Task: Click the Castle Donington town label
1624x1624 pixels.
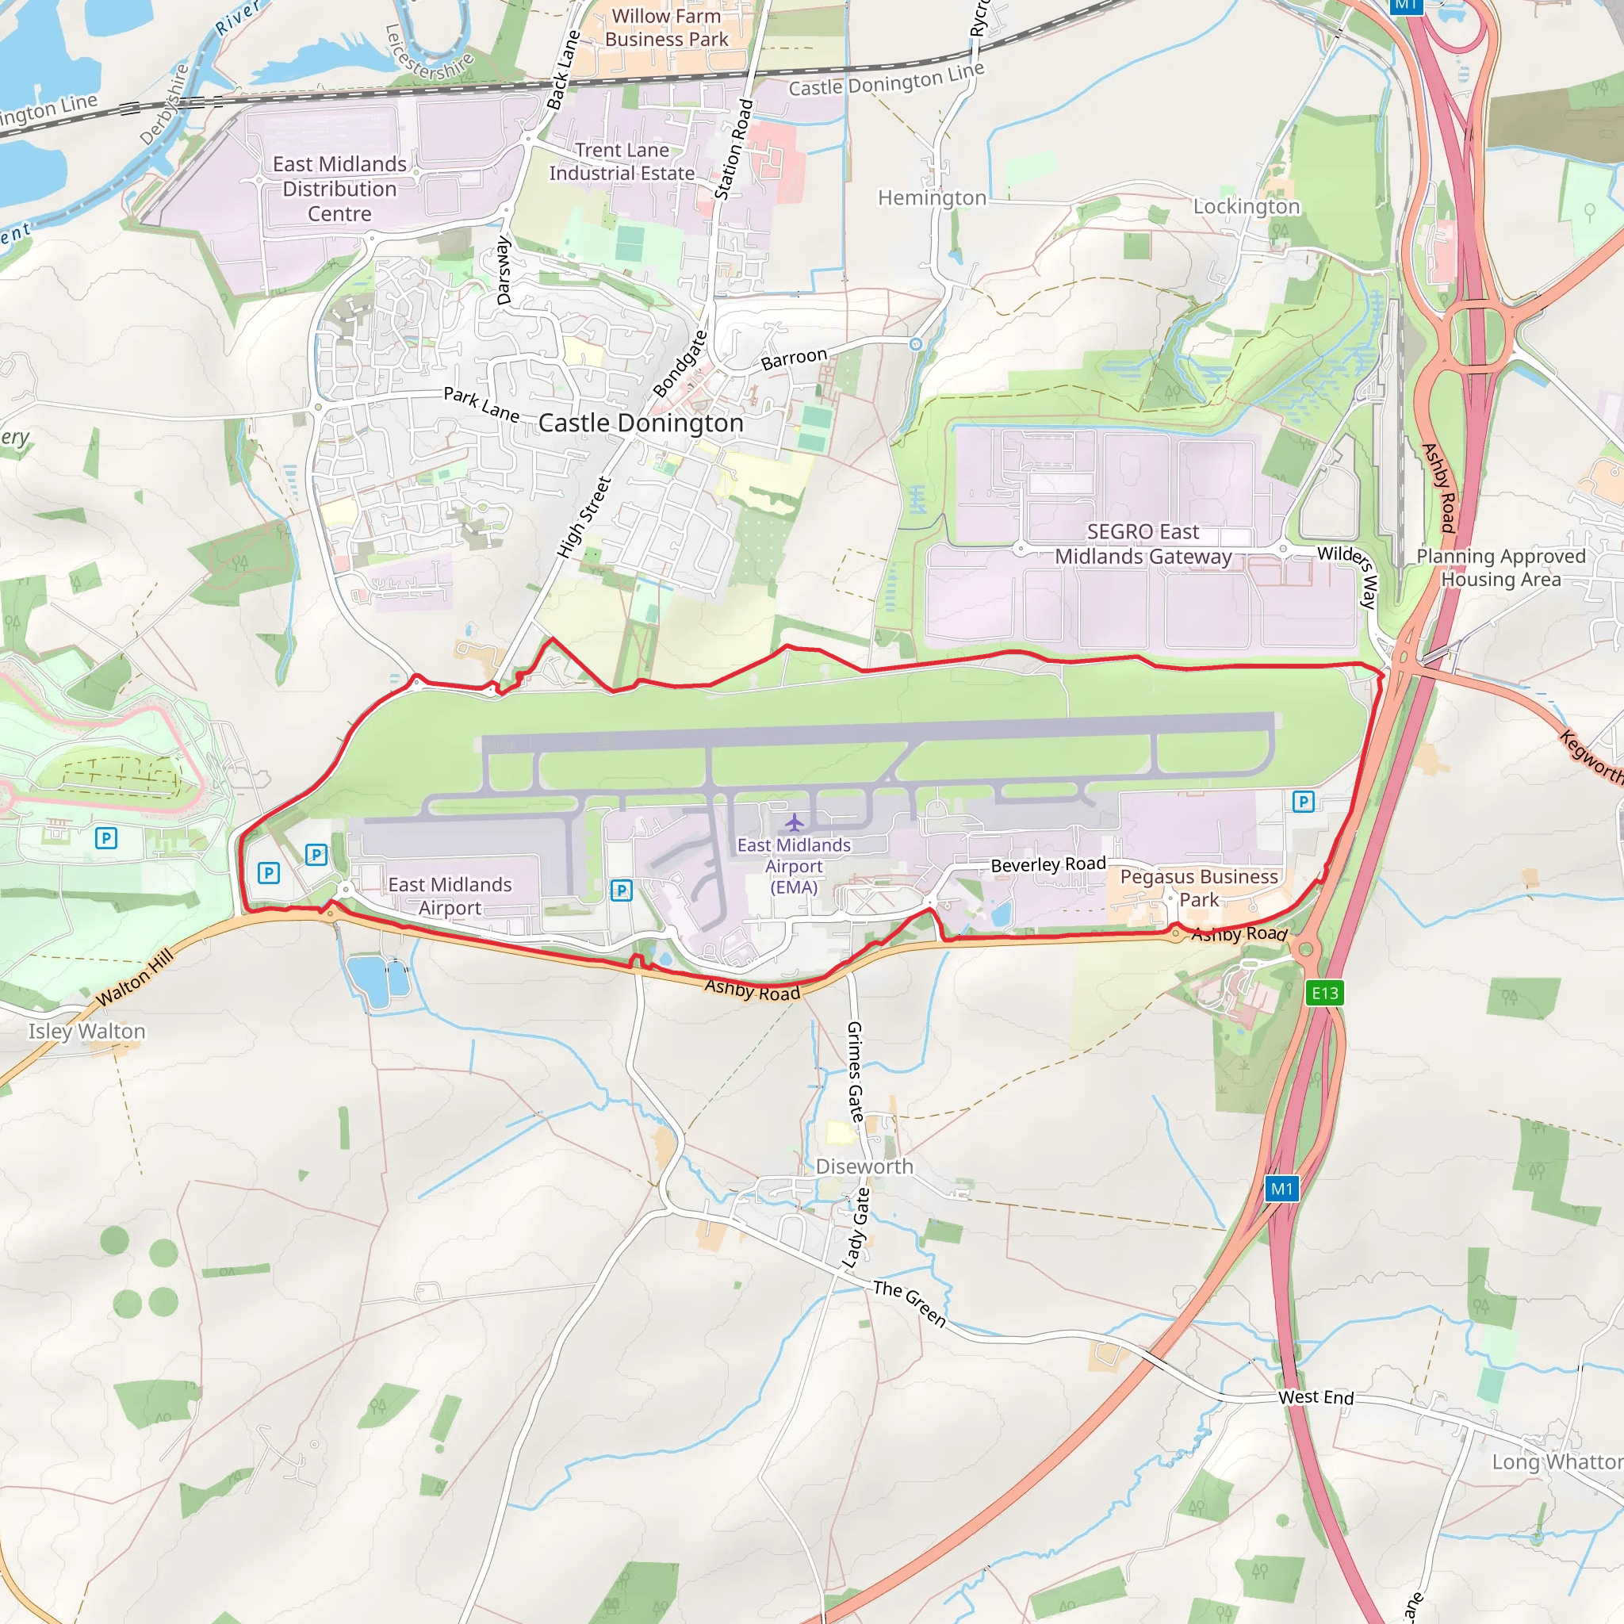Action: [641, 423]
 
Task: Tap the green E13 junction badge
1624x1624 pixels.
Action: [1325, 993]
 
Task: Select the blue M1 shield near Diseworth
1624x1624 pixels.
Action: [1282, 1189]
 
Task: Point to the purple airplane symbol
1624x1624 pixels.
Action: [794, 822]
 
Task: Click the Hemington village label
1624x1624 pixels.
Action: [932, 198]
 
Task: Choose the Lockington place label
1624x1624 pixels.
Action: [1246, 207]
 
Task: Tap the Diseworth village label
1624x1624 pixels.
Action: [864, 1166]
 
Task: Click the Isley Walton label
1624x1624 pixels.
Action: [86, 1032]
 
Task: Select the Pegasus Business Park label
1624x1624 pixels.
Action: [1199, 887]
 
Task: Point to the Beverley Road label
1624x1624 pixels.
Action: [1048, 864]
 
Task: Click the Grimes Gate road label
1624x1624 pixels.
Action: [855, 1072]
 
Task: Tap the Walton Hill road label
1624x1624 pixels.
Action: [135, 978]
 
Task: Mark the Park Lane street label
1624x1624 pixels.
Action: [481, 404]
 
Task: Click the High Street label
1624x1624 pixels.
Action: [584, 517]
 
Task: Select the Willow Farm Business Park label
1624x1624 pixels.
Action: [667, 28]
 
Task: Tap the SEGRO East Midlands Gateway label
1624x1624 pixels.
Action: [1143, 544]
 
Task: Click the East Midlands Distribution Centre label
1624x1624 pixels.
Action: [339, 188]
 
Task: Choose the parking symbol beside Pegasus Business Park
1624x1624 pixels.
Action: [1303, 801]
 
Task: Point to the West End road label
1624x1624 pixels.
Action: [1316, 1397]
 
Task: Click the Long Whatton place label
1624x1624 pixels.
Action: [1557, 1461]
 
